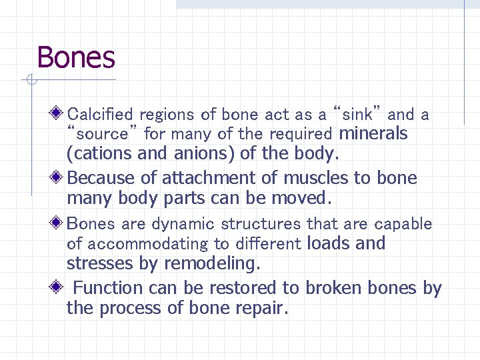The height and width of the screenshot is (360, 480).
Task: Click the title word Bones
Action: click(76, 57)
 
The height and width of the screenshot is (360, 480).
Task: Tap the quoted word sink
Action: click(357, 114)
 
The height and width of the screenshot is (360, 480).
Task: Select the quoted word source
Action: click(102, 134)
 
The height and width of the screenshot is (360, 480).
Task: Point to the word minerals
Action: click(373, 133)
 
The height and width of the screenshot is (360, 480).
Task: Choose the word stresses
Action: click(101, 264)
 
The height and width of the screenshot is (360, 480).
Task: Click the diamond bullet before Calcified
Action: click(59, 113)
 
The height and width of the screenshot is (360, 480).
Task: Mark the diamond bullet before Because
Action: click(59, 177)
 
